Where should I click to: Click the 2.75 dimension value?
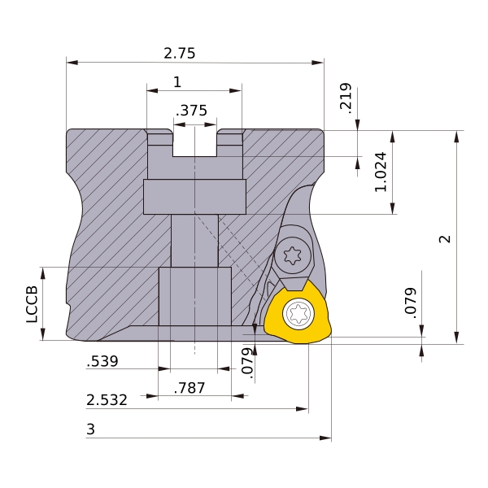click(x=180, y=53)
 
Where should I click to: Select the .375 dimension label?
click(x=191, y=111)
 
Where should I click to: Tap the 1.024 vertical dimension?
click(x=381, y=172)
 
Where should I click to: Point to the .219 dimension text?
click(x=346, y=98)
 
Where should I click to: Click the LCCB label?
click(x=32, y=304)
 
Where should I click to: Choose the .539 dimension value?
click(x=102, y=361)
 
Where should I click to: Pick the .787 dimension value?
click(x=190, y=388)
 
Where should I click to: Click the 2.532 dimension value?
click(x=107, y=400)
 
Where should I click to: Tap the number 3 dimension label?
click(x=90, y=429)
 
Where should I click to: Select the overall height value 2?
click(x=445, y=238)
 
